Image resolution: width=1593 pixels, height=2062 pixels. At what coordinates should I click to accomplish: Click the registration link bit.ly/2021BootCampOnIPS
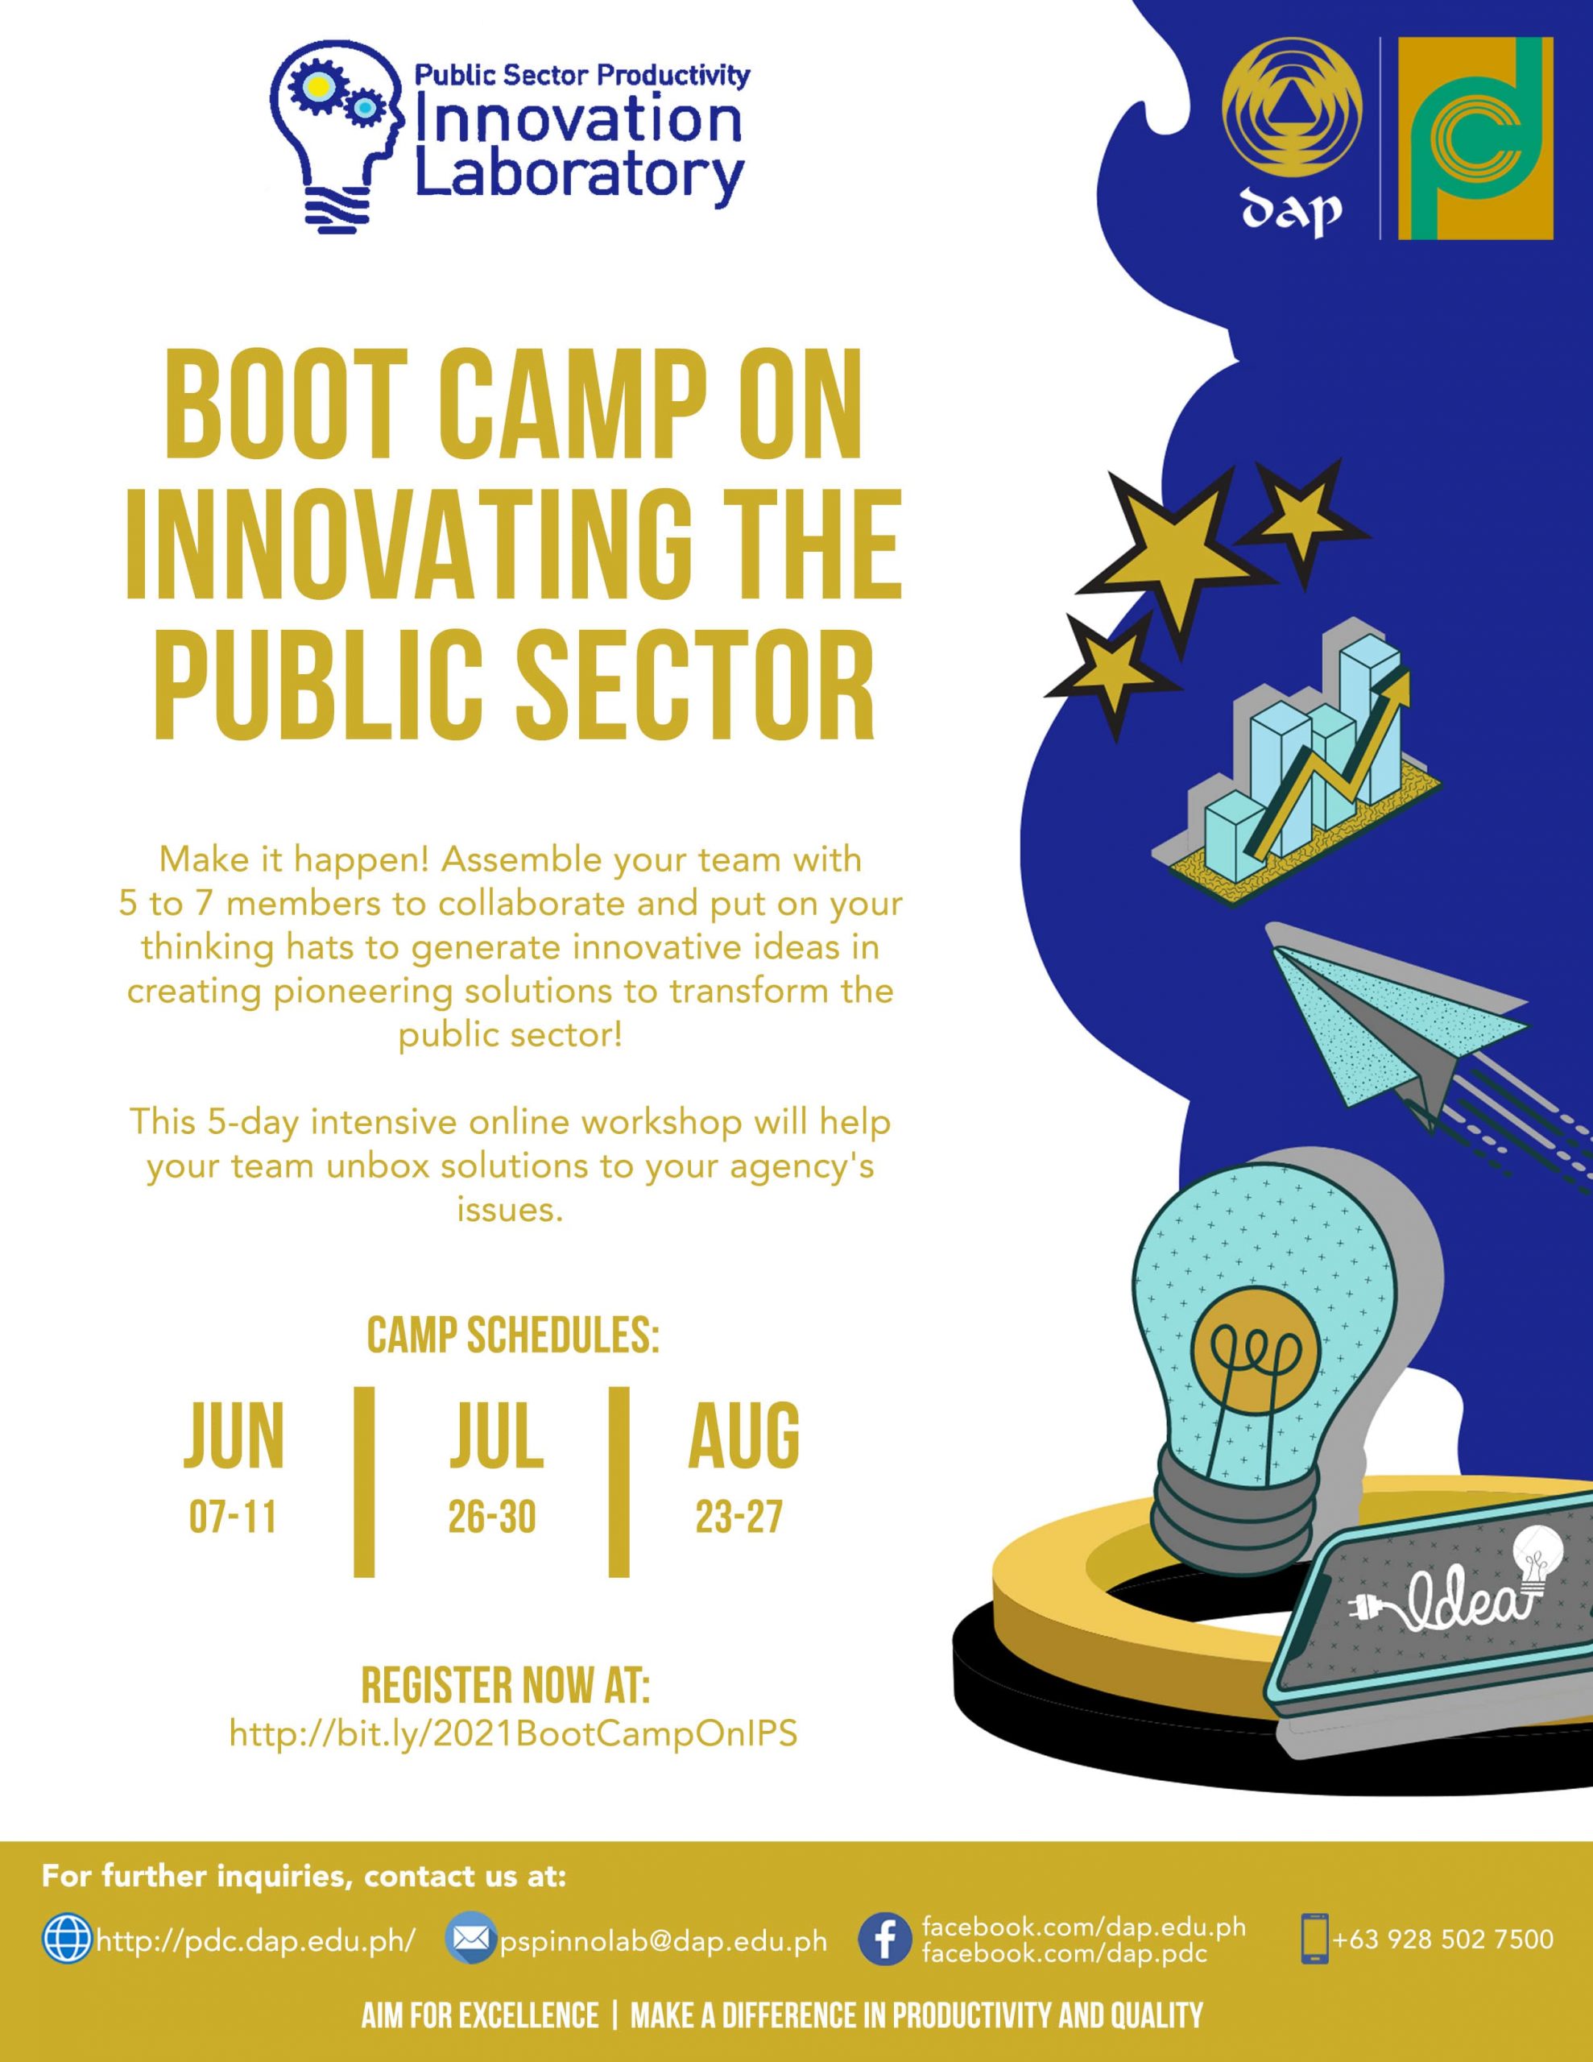point(514,1733)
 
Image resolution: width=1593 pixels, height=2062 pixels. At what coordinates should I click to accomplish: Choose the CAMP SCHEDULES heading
point(513,1336)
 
